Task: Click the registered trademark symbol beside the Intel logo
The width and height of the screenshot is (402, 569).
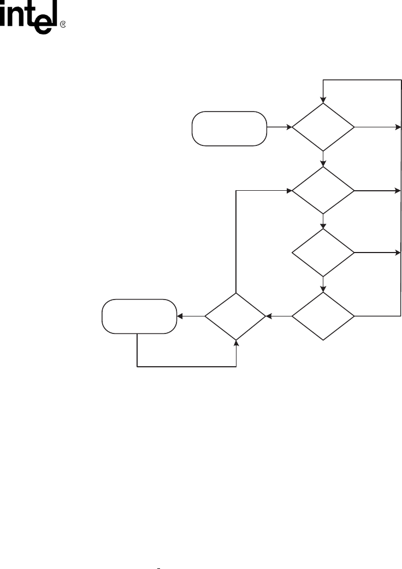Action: [62, 25]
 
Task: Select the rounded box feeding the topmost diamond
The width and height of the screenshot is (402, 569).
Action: [229, 128]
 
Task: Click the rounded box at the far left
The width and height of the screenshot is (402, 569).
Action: [139, 316]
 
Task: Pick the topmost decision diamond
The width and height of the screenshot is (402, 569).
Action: [323, 127]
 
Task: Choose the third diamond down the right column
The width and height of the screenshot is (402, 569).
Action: [323, 253]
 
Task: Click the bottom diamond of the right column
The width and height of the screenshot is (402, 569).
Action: [323, 316]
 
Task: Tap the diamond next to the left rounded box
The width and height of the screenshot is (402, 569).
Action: [236, 316]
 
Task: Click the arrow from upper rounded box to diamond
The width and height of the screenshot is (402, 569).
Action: [279, 128]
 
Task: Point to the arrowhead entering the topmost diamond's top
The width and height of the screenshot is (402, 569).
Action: [323, 100]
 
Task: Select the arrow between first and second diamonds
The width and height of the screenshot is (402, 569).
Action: [323, 159]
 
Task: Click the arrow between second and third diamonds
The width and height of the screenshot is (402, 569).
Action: [323, 221]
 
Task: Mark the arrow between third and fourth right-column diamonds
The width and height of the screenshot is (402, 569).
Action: [323, 284]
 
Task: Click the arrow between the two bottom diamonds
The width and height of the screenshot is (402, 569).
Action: [279, 316]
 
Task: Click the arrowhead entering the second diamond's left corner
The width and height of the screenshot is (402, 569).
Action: [288, 191]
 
